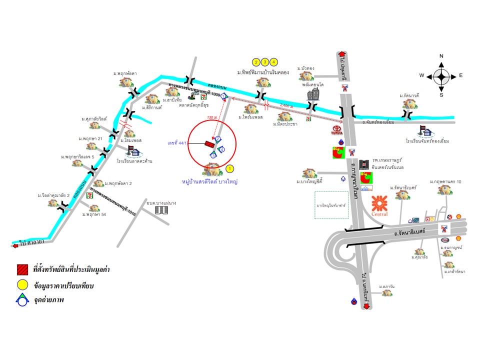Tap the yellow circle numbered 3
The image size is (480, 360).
click(x=265, y=62)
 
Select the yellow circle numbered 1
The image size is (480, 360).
click(x=230, y=168)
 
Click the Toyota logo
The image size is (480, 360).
click(x=336, y=130)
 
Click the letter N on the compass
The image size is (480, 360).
click(x=441, y=56)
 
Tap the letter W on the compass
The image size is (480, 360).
click(x=422, y=75)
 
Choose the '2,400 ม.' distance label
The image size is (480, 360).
click(x=287, y=105)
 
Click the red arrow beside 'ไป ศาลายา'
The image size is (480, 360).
click(x=14, y=244)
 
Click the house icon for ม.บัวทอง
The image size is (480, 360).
click(x=305, y=76)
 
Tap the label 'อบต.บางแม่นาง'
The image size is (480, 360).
click(x=161, y=203)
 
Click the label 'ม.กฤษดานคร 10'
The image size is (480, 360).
click(x=444, y=181)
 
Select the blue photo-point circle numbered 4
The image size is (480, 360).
click(x=221, y=149)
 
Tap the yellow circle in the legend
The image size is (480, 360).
click(x=21, y=286)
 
